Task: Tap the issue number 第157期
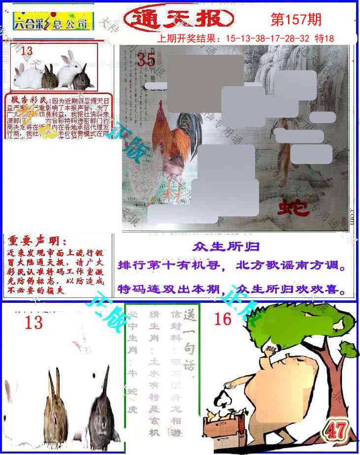296,19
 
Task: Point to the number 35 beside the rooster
146,60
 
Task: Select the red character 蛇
294,208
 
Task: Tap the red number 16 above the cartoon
223,319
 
